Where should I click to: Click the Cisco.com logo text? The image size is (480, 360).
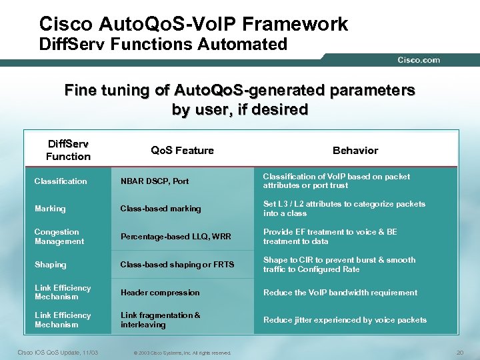point(419,60)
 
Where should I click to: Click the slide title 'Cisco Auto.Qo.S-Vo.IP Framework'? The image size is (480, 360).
point(193,24)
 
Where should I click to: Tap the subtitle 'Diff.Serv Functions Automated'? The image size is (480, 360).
point(163,45)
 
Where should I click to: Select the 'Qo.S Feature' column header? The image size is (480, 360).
point(182,150)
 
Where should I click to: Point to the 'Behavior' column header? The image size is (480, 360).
point(355,150)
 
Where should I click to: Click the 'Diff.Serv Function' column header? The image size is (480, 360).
point(68,150)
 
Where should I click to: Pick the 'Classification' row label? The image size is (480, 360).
point(61,181)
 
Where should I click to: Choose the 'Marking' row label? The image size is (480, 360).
point(50,209)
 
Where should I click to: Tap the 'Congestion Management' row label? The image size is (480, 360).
point(59,237)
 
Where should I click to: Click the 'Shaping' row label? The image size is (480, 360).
point(51,265)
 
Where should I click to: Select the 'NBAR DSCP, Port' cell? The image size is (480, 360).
point(155,181)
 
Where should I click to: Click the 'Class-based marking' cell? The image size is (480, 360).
point(161,209)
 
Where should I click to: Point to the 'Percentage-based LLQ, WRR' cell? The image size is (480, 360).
point(176,237)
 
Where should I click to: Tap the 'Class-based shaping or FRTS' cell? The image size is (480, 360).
point(177,265)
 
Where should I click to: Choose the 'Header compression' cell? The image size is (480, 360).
point(160,293)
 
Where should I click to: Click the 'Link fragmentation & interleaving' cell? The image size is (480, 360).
point(160,320)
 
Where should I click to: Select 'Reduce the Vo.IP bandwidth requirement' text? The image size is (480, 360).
point(340,293)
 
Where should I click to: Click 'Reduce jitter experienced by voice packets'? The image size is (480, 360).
point(345,320)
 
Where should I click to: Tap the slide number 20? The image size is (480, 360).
point(458,352)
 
